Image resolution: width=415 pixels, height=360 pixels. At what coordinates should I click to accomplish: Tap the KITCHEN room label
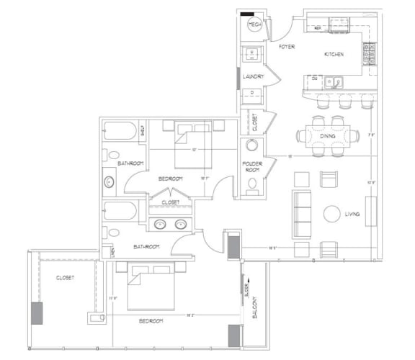[333, 55]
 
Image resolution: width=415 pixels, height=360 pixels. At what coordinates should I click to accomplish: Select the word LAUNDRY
[254, 76]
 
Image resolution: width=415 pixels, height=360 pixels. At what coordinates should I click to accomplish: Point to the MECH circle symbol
[254, 24]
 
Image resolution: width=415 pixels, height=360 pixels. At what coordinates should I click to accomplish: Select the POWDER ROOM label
[252, 167]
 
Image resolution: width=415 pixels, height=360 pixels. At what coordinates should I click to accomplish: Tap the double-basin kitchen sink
[334, 81]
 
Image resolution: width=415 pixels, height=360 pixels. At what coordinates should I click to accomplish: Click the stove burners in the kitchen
[369, 53]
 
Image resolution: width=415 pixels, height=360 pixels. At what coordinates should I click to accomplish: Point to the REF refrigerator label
[318, 28]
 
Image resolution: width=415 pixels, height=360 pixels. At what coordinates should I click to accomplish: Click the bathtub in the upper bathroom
[120, 132]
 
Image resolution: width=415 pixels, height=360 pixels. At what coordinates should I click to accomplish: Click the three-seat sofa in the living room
[301, 214]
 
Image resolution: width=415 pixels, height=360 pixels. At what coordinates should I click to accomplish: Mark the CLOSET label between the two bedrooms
[170, 203]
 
